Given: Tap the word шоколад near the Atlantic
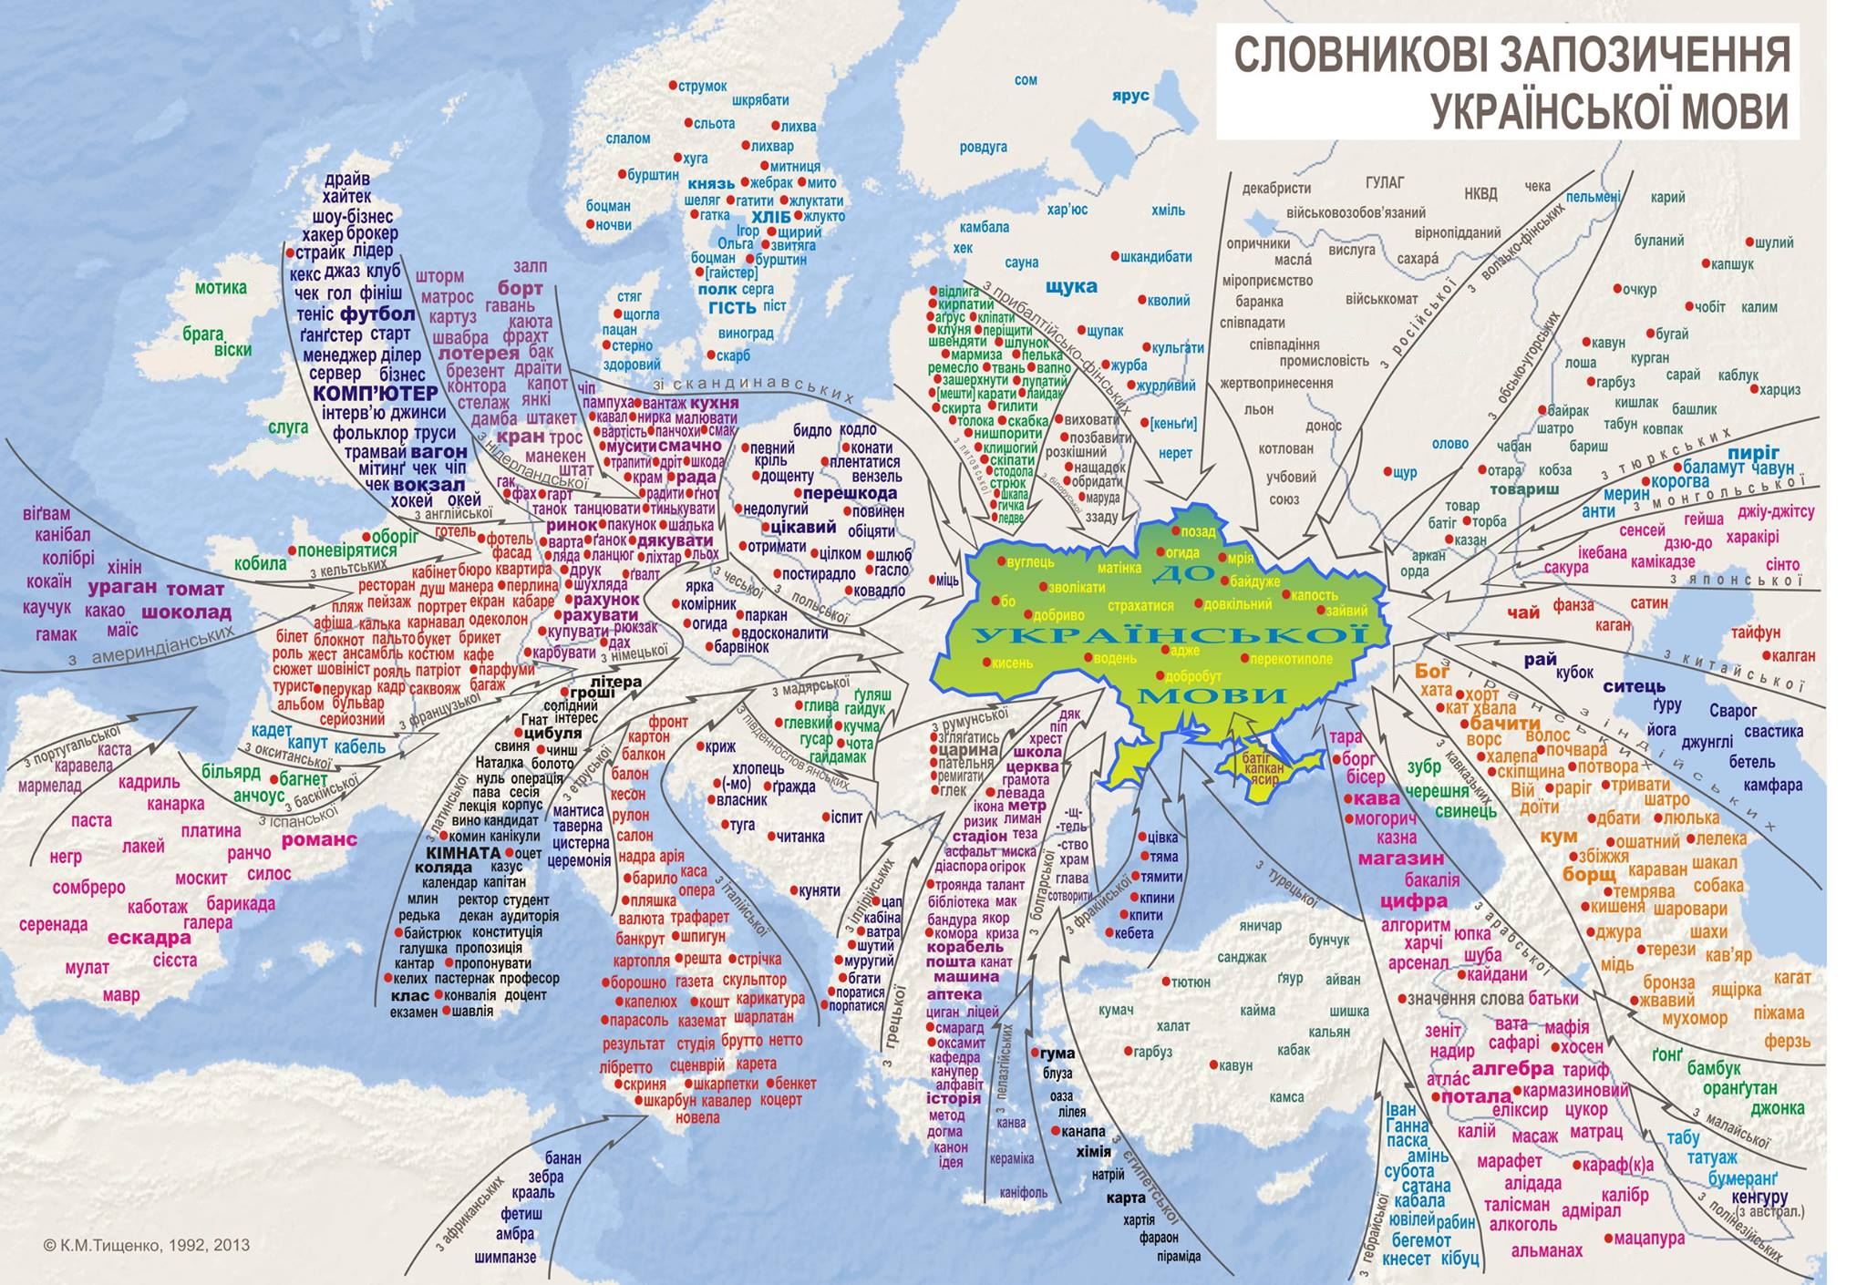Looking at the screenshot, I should (x=187, y=612).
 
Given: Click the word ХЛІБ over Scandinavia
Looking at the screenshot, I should (x=771, y=217).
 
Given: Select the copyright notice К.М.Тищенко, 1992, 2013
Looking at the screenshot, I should (x=133, y=1245).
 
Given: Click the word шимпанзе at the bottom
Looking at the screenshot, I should (x=505, y=1257).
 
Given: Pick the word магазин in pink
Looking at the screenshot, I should (x=1400, y=858).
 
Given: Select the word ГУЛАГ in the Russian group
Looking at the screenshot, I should (x=1385, y=181).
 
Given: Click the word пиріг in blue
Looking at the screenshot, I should (x=1752, y=452).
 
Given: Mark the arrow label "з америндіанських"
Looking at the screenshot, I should (x=150, y=645).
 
